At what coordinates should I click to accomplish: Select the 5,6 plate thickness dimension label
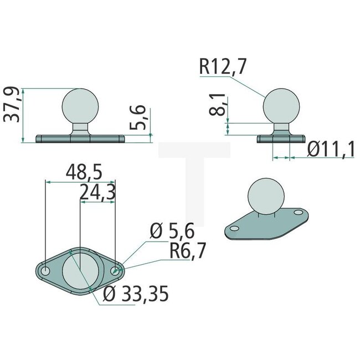[x=141, y=117]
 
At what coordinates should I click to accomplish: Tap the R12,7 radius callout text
[x=223, y=67]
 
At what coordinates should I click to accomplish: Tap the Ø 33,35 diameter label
[x=136, y=295]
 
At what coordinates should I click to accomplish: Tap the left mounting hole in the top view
[x=45, y=270]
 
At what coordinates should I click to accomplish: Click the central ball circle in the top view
[x=80, y=270]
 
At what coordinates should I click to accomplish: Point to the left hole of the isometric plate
[x=235, y=228]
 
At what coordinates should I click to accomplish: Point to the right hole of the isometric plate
[x=297, y=212]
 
